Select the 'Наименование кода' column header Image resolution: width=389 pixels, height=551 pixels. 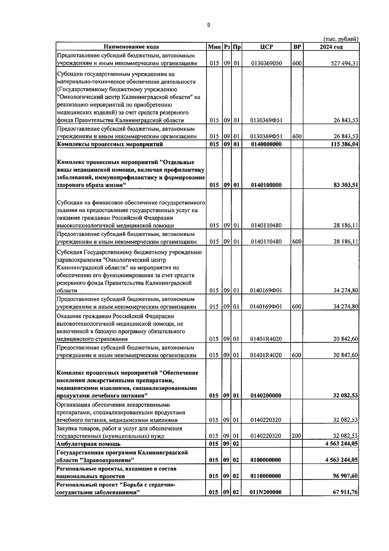[x=132, y=47]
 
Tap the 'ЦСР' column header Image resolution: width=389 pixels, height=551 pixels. [x=266, y=47]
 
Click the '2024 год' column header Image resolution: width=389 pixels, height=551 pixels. [x=331, y=47]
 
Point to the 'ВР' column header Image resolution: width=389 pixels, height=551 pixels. [x=297, y=47]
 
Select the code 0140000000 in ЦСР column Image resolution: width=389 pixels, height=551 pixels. [x=266, y=144]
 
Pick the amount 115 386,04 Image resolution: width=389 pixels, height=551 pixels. [x=344, y=144]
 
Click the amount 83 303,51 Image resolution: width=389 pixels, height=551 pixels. [x=346, y=185]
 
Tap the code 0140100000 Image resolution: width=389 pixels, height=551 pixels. [x=266, y=185]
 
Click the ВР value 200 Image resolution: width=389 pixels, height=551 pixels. [x=296, y=436]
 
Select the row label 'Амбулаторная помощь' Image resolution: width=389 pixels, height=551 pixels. [x=88, y=444]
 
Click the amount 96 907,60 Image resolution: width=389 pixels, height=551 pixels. [x=346, y=476]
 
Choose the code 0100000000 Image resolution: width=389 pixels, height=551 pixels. [x=266, y=460]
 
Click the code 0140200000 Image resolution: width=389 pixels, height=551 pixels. [x=266, y=396]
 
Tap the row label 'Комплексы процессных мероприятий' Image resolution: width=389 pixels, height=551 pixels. [x=110, y=144]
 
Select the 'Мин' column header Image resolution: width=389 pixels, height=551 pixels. [x=214, y=47]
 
